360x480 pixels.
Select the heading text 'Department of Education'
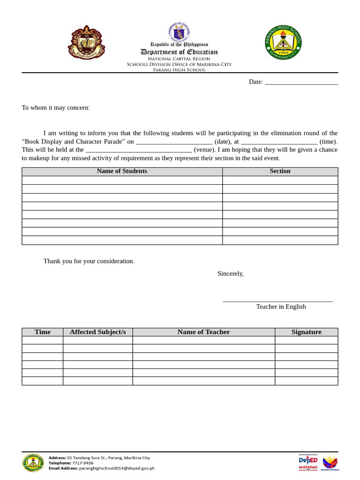coord(179,52)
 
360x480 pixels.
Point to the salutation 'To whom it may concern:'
coord(56,108)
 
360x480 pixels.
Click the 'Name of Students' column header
coord(122,171)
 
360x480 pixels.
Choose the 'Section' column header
coord(280,171)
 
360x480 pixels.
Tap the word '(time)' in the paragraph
coord(328,142)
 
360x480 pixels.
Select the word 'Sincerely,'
coord(231,274)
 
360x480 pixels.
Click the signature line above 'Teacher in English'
coord(277,300)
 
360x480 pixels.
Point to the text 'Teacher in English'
coord(281,307)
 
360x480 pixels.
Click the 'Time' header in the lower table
coord(42,332)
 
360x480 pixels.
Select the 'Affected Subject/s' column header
coord(97,332)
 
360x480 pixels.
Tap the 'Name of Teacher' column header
coord(203,332)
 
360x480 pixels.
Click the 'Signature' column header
coord(306,332)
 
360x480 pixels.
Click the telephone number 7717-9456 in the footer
coord(82,463)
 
